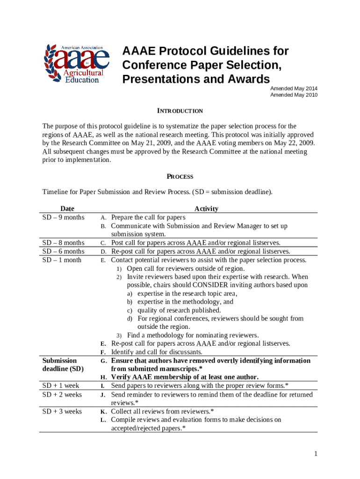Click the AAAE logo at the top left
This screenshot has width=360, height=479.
point(77,64)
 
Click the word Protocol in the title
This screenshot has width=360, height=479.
point(178,51)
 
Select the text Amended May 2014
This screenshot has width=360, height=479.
point(294,88)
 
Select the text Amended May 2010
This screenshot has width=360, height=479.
point(294,95)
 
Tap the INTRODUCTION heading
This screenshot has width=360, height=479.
point(180,111)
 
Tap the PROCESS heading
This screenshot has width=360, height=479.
point(180,177)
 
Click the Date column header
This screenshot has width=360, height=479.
point(67,209)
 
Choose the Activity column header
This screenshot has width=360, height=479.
point(206,209)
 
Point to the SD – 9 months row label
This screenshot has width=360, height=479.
point(64,218)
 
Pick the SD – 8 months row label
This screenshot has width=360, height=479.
point(64,243)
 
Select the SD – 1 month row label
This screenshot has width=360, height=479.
point(62,260)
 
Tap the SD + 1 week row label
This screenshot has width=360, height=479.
point(61,386)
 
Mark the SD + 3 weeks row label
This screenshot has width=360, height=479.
point(62,412)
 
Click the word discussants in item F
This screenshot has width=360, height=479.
point(184,352)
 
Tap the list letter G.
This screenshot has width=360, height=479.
point(103,361)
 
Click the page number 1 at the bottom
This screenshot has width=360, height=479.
point(317,454)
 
